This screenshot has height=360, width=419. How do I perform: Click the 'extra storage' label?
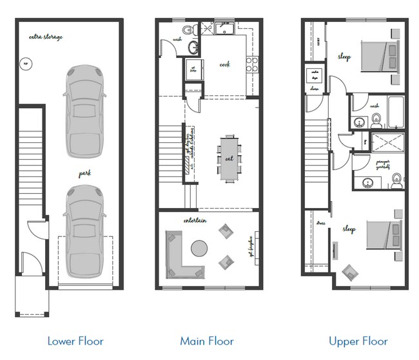click(x=46, y=37)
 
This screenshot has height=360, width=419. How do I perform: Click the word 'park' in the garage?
click(x=84, y=174)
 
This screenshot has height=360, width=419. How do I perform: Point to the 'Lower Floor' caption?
click(x=75, y=340)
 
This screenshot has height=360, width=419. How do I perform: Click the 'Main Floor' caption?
click(x=206, y=340)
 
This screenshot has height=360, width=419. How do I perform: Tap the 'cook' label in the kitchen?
click(x=225, y=64)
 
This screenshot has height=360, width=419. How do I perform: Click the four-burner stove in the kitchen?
click(x=252, y=63)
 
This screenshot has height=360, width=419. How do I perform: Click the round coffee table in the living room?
click(x=200, y=248)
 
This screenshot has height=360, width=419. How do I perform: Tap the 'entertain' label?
click(x=195, y=221)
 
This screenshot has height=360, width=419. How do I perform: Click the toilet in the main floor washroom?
click(x=188, y=30)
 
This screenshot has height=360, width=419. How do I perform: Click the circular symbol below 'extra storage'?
click(x=26, y=63)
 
